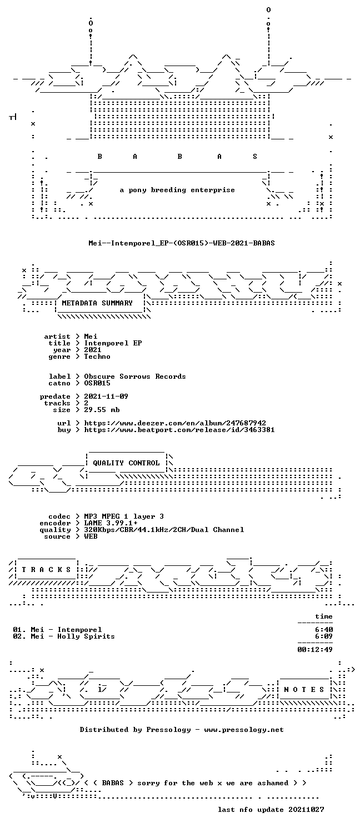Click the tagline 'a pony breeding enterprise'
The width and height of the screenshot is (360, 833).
pyautogui.click(x=177, y=190)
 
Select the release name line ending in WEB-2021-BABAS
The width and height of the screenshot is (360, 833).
pyautogui.click(x=182, y=243)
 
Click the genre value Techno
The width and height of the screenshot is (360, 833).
pyautogui.click(x=97, y=357)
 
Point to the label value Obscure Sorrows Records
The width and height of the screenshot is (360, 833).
pyautogui.click(x=134, y=377)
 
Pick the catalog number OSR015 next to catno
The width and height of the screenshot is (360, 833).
pyautogui.click(x=97, y=383)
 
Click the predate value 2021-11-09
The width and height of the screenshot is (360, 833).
pyautogui.click(x=106, y=397)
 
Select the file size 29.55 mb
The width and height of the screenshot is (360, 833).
pyautogui.click(x=102, y=410)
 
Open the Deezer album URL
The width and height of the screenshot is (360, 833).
pyautogui.click(x=175, y=423)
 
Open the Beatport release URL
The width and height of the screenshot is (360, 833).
pyautogui.click(x=179, y=430)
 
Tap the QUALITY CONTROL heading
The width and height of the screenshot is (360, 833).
pyautogui.click(x=126, y=463)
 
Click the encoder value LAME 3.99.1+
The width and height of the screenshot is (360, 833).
pyautogui.click(x=111, y=523)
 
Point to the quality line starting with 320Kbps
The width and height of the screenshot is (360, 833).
pyautogui.click(x=164, y=530)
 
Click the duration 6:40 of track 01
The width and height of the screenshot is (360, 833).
pyautogui.click(x=324, y=630)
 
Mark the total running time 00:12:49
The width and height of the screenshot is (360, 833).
pyautogui.click(x=315, y=650)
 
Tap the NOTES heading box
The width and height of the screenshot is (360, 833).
pyautogui.click(x=304, y=690)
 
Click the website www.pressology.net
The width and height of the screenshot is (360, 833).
pyautogui.click(x=243, y=730)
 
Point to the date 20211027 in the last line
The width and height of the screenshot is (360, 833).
pyautogui.click(x=306, y=810)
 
